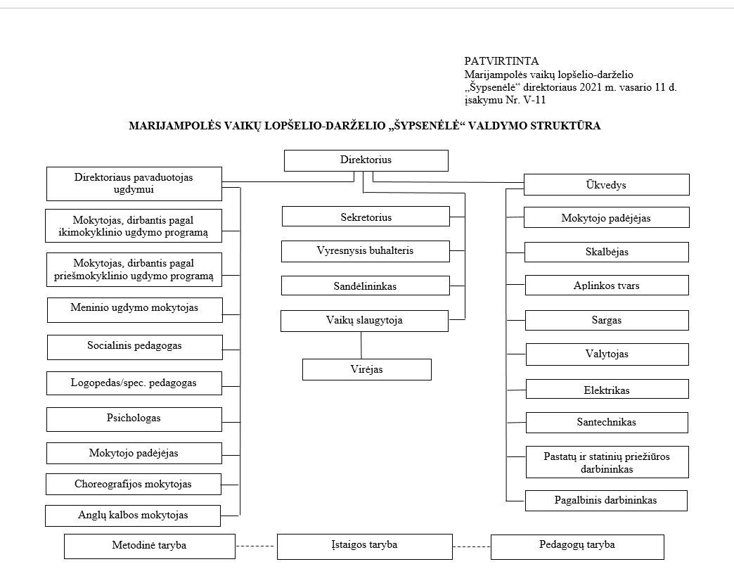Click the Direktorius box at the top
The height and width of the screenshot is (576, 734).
click(366, 160)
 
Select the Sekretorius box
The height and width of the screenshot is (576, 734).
click(366, 217)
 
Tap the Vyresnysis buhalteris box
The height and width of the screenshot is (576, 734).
click(365, 251)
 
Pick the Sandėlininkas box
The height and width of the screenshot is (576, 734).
click(365, 286)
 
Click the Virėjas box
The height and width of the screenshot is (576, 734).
click(366, 369)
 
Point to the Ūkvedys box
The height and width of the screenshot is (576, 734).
click(606, 184)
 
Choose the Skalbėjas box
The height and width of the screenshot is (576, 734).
click(607, 252)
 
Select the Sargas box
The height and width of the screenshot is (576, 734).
click(607, 320)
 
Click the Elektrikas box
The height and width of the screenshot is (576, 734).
click(607, 389)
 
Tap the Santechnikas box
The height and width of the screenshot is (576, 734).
click(607, 423)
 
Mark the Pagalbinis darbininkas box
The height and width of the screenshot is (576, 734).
click(606, 501)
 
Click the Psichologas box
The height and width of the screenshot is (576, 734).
click(134, 419)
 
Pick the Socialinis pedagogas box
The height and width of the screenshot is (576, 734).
click(135, 347)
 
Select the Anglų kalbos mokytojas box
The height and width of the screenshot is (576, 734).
click(133, 516)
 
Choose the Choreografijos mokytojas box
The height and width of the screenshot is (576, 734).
click(134, 484)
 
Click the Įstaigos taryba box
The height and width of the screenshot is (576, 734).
click(365, 546)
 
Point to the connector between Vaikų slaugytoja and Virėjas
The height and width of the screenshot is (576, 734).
click(361, 345)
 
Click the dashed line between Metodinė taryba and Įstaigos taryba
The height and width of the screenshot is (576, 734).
click(256, 546)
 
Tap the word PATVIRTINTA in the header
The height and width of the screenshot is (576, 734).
click(501, 61)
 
